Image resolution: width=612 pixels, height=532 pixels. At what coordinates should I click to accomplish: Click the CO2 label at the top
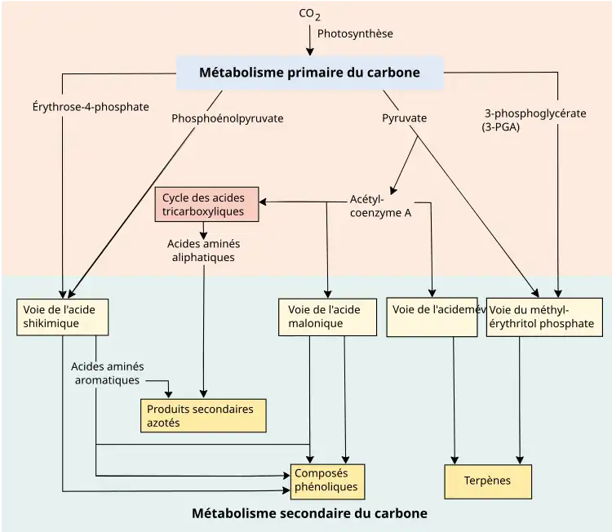click(309, 14)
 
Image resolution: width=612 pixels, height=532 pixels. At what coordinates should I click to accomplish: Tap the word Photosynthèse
click(355, 33)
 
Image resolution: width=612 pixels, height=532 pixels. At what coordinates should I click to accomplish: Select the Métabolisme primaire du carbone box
click(309, 73)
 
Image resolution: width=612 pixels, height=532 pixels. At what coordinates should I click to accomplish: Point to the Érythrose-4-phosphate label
click(91, 106)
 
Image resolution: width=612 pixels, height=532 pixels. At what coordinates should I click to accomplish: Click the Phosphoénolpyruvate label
click(228, 118)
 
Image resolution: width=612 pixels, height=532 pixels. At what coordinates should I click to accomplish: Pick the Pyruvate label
click(405, 118)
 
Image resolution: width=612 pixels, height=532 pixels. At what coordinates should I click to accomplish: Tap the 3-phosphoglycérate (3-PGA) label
click(534, 120)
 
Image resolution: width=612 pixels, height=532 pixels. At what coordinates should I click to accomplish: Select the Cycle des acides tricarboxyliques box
click(206, 204)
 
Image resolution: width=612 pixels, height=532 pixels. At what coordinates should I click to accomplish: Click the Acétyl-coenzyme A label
click(379, 206)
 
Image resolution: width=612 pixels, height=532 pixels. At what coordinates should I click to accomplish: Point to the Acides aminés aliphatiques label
click(203, 250)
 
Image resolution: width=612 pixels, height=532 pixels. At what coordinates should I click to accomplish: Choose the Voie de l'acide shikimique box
click(62, 317)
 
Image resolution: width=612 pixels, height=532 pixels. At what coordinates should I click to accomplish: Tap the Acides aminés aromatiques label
click(107, 373)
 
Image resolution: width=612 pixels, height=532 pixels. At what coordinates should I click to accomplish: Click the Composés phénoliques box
click(327, 481)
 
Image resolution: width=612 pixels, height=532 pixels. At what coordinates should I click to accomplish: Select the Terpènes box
click(487, 481)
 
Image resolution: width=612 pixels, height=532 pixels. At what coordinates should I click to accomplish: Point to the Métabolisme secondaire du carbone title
click(309, 514)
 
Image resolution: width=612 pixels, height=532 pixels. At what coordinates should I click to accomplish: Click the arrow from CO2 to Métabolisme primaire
click(309, 39)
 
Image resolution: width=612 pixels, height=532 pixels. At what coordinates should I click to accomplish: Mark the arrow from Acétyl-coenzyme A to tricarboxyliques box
click(302, 202)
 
